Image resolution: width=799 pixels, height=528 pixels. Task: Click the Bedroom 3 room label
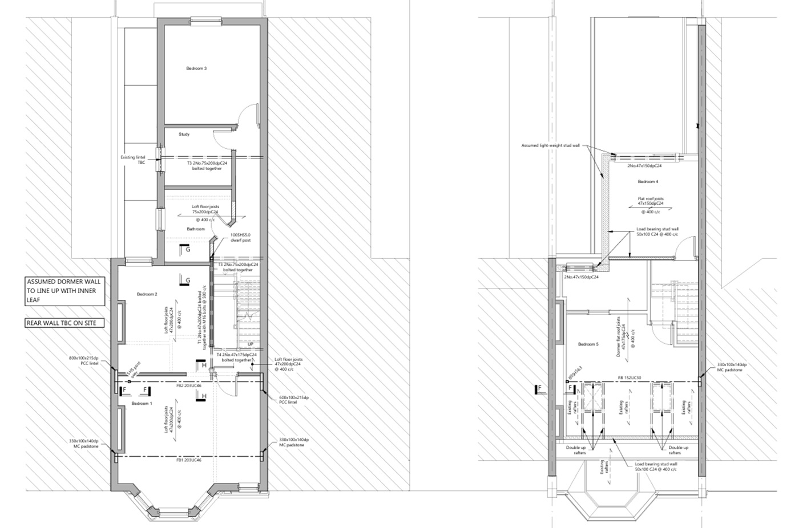point(196,68)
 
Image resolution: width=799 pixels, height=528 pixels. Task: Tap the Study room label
point(184,135)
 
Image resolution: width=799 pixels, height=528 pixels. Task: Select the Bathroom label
point(196,229)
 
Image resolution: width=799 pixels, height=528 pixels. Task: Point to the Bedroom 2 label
point(147,294)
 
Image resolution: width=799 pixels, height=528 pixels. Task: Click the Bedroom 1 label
point(142,404)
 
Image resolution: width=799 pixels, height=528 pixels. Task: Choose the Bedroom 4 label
point(648,182)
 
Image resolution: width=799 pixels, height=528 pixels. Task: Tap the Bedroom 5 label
point(588,344)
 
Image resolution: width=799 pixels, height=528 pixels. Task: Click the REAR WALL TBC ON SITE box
point(65,323)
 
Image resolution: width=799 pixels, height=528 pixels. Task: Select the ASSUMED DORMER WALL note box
point(65,291)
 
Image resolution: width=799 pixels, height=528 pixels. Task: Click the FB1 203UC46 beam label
point(188,460)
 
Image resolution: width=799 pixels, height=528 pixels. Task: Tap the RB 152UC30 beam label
point(630,377)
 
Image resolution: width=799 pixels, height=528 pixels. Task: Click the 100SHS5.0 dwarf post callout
point(240,238)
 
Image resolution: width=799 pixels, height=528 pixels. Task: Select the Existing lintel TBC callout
point(133,160)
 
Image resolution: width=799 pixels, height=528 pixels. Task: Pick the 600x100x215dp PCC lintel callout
point(293,400)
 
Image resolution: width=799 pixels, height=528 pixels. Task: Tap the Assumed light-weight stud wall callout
point(550,145)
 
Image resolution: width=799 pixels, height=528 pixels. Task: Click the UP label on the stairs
point(250,344)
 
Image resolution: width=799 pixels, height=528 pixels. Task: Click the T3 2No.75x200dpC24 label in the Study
point(207,165)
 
